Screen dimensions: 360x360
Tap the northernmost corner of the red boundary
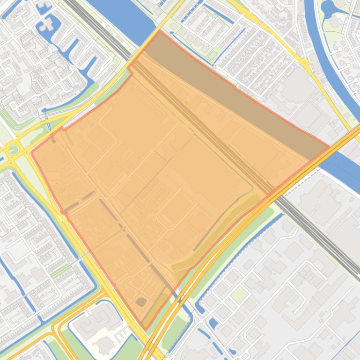(160, 31)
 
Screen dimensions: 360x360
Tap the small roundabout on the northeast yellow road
(305, 62)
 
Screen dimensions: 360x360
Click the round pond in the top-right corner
(328, 7)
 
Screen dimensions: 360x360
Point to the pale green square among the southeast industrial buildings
(239, 294)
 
